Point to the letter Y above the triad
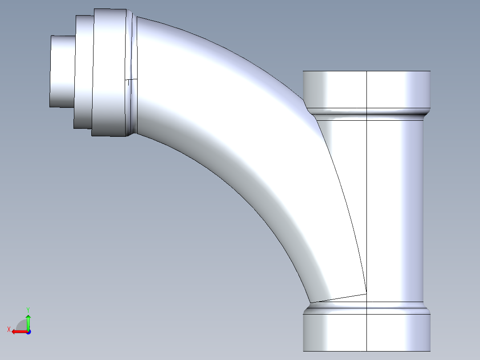pos(28,309)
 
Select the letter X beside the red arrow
pos(8,329)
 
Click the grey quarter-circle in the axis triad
pos(22,325)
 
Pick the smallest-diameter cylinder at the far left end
pos(62,71)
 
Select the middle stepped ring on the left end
pos(84,71)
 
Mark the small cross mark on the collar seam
pos(129,82)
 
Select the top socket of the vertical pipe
pos(366,89)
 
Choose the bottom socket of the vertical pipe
pos(366,332)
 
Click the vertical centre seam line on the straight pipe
pos(366,200)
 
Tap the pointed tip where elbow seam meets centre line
pos(366,293)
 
